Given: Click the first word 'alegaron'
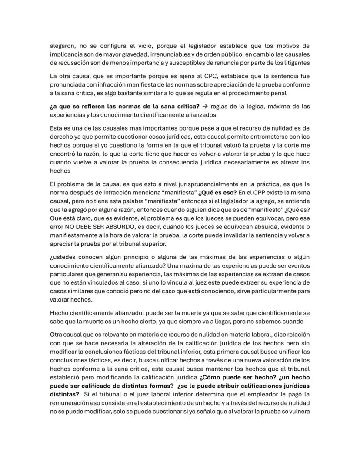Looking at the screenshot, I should tap(62, 46).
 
